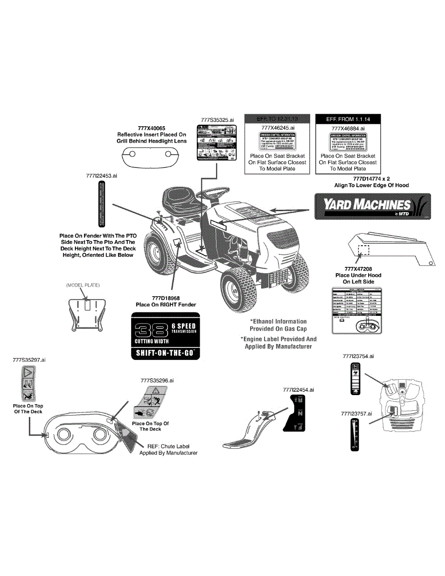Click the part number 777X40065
[151, 129]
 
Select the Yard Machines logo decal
[373, 206]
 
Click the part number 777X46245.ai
[278, 129]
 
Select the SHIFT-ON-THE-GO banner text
[165, 353]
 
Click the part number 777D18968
[166, 298]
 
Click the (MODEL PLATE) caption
[83, 285]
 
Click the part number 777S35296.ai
[157, 380]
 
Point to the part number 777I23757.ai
[357, 413]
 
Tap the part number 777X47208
[358, 269]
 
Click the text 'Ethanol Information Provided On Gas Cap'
[278, 325]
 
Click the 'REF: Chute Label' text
[168, 446]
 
